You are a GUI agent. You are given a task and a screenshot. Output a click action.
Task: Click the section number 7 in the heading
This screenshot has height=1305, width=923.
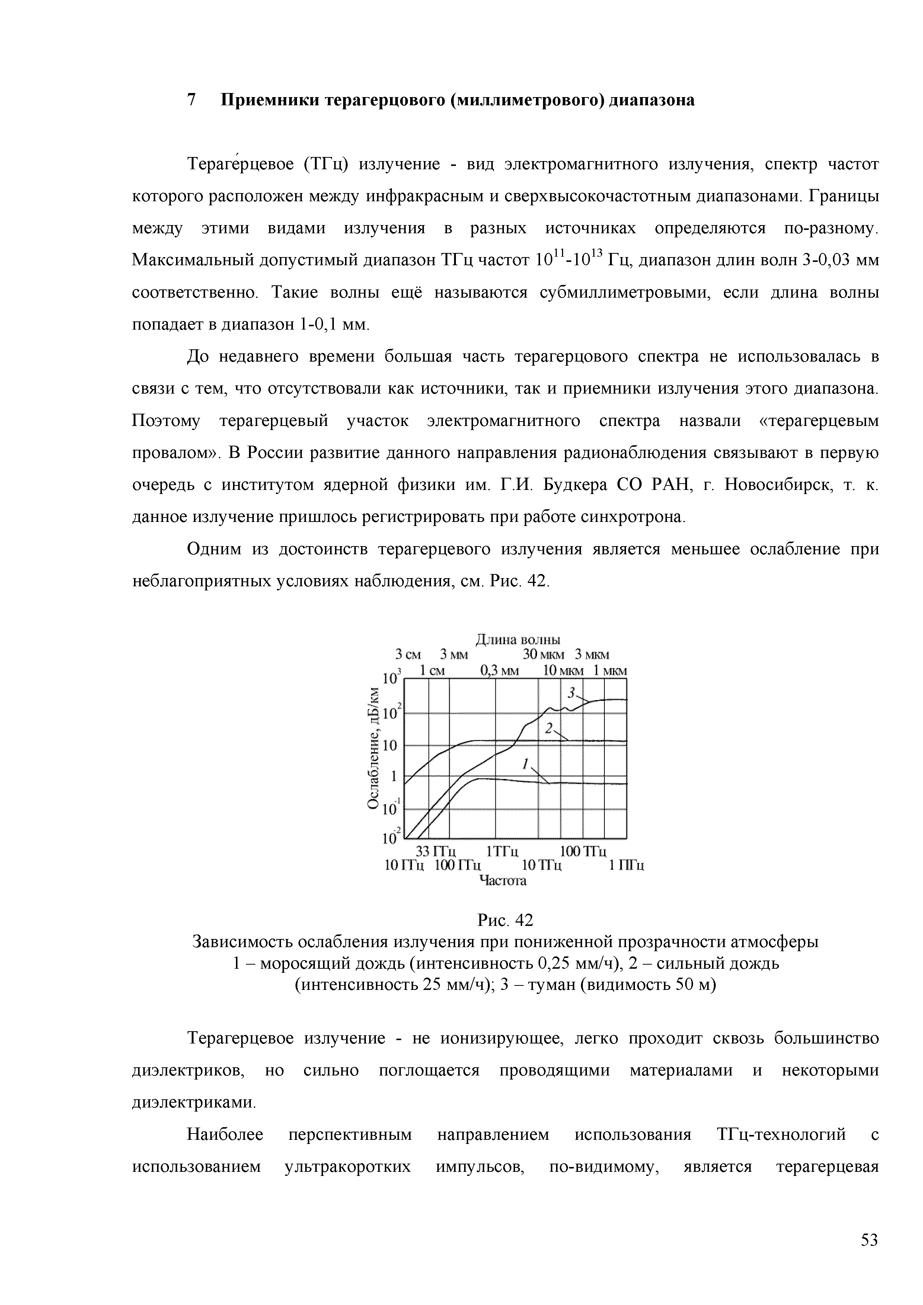pyautogui.click(x=192, y=100)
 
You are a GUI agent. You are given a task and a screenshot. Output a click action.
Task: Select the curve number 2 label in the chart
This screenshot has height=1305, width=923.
pyautogui.click(x=549, y=728)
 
